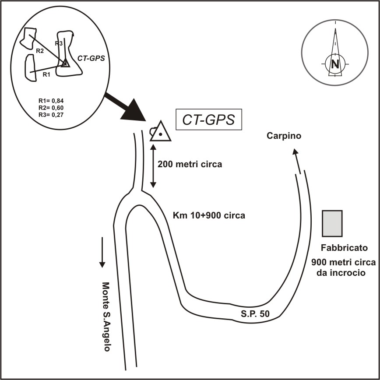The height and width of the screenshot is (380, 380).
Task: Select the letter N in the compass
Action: [335, 63]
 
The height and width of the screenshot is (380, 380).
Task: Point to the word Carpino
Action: [284, 136]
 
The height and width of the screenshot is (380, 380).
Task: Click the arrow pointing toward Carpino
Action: [297, 160]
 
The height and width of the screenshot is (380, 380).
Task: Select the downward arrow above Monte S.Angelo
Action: [102, 252]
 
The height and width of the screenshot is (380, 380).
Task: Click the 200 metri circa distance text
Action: [190, 165]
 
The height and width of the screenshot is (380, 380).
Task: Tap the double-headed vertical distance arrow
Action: [153, 166]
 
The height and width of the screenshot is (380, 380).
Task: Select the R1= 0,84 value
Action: [51, 101]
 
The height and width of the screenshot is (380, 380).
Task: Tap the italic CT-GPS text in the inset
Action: [91, 57]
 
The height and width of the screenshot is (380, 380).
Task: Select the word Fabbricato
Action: [338, 248]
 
